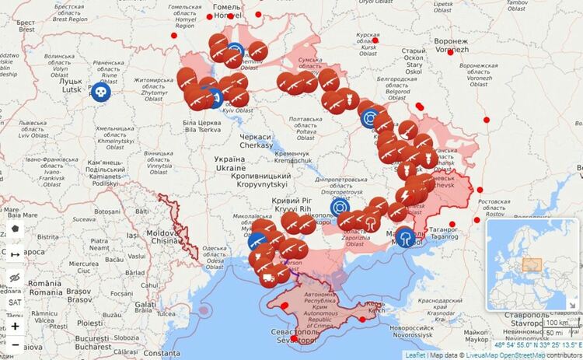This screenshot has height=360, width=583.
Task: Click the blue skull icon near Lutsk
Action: click(100, 92)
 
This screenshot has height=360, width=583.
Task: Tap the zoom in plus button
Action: click(15, 326)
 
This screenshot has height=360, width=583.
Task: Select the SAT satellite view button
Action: click(15, 302)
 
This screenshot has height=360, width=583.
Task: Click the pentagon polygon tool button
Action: click(15, 229)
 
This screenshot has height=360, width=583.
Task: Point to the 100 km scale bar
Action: click(555, 322)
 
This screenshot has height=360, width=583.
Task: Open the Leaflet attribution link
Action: click(415, 355)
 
